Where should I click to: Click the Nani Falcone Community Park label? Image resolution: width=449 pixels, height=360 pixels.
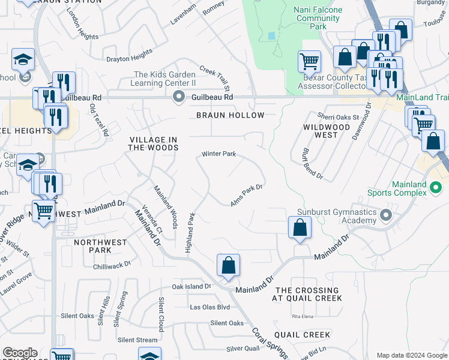[309, 18]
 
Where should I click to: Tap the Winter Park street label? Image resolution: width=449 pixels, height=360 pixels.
[218, 154]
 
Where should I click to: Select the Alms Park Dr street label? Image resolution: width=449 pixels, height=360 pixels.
[247, 196]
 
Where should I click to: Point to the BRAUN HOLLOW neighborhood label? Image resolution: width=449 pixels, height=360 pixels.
[231, 115]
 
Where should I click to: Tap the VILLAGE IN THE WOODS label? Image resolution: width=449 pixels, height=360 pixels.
[154, 144]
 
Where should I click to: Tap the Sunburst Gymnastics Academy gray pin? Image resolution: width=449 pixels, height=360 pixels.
[386, 214]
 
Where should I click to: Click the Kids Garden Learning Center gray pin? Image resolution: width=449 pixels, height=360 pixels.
[178, 97]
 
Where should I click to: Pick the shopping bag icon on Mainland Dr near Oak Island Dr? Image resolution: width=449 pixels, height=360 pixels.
[228, 265]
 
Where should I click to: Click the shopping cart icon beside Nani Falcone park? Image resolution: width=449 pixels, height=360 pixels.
[309, 61]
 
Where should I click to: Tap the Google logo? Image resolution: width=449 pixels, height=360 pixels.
[20, 353]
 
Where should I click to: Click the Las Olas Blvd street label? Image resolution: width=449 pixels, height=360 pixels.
[210, 307]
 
